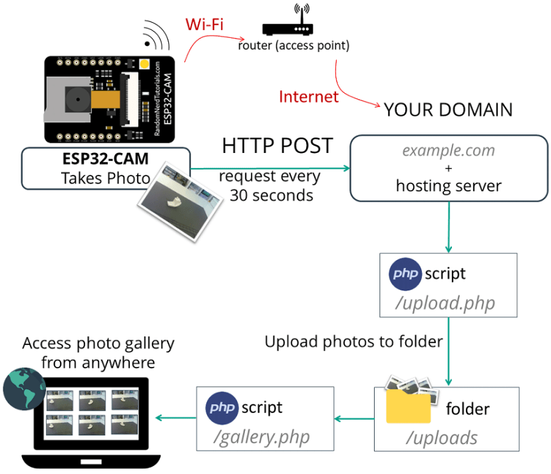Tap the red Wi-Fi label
tap(204, 25)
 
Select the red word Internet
tap(309, 96)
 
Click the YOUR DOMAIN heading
tap(448, 110)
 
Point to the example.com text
tap(449, 150)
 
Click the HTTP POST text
tap(277, 146)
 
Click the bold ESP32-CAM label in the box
tap(106, 160)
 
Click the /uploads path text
tap(443, 437)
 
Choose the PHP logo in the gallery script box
tap(222, 408)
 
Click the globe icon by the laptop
tap(24, 388)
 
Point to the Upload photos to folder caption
tap(353, 342)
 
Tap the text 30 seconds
tap(271, 195)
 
